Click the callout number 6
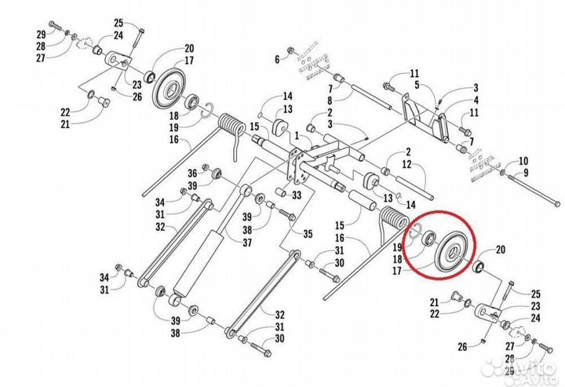tap(277, 60)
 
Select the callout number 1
tap(297, 135)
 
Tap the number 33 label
tap(297, 195)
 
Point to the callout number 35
tap(307, 234)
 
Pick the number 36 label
tap(191, 172)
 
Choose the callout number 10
tap(523, 160)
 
